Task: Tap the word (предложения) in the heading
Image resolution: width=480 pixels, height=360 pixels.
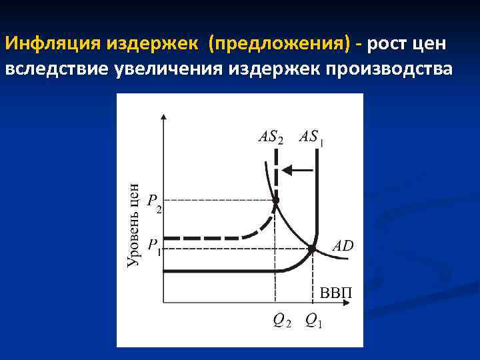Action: [x=279, y=44]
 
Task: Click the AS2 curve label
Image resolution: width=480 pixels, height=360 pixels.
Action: [x=270, y=137]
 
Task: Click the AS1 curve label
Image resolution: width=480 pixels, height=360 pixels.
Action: [x=311, y=137]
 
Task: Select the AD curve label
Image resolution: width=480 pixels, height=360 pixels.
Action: [x=343, y=246]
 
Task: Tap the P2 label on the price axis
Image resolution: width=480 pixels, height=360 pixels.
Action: [x=154, y=202]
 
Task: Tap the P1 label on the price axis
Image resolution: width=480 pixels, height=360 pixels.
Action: [x=154, y=246]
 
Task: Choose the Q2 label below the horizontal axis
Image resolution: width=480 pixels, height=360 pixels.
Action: [x=281, y=321]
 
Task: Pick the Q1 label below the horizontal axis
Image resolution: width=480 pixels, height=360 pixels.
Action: [x=313, y=321]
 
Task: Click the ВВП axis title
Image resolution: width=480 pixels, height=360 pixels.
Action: [x=337, y=293]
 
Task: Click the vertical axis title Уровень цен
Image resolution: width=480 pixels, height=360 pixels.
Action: [x=133, y=225]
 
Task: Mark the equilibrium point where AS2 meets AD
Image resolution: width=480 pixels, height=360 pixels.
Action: [x=276, y=199]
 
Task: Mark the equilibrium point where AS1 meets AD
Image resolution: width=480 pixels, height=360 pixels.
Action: [x=311, y=249]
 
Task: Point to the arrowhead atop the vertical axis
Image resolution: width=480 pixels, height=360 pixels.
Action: [x=163, y=117]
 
